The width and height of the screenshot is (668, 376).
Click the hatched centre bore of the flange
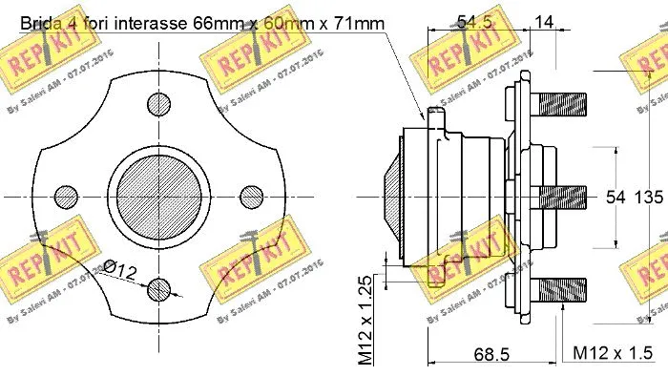pos(156,197)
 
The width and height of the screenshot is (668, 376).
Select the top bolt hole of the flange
pos(156,105)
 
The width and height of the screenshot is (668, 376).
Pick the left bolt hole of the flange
pos(65,197)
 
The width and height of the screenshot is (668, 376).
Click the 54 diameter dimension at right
pos(616,198)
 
